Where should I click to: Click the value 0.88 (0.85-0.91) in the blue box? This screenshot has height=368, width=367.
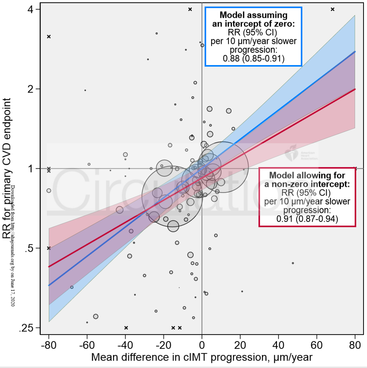pyautogui.click(x=254, y=59)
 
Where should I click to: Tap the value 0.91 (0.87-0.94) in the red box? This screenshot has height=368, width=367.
pyautogui.click(x=307, y=219)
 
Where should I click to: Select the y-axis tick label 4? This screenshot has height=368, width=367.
pyautogui.click(x=33, y=9)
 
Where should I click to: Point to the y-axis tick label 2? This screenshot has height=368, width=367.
pyautogui.click(x=33, y=89)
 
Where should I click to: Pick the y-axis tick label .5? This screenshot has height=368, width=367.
pyautogui.click(x=31, y=248)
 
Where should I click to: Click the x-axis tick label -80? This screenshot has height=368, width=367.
pyautogui.click(x=48, y=344)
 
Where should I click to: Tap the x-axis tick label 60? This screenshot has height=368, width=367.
pyautogui.click(x=317, y=344)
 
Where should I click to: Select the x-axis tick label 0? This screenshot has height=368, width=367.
pyautogui.click(x=202, y=344)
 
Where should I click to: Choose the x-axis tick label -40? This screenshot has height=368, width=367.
pyautogui.click(x=125, y=344)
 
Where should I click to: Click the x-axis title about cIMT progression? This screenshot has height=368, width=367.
pyautogui.click(x=202, y=357)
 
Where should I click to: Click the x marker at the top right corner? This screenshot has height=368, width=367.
pyautogui.click(x=333, y=9)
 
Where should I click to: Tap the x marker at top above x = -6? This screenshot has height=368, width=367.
pyautogui.click(x=190, y=9)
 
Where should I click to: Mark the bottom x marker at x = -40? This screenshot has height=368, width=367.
pyautogui.click(x=126, y=328)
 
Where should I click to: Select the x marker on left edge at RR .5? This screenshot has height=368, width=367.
pyautogui.click(x=49, y=248)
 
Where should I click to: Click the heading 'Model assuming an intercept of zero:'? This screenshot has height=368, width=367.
pyautogui.click(x=253, y=19)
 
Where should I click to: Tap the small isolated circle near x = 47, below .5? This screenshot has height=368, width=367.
pyautogui.click(x=293, y=263)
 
